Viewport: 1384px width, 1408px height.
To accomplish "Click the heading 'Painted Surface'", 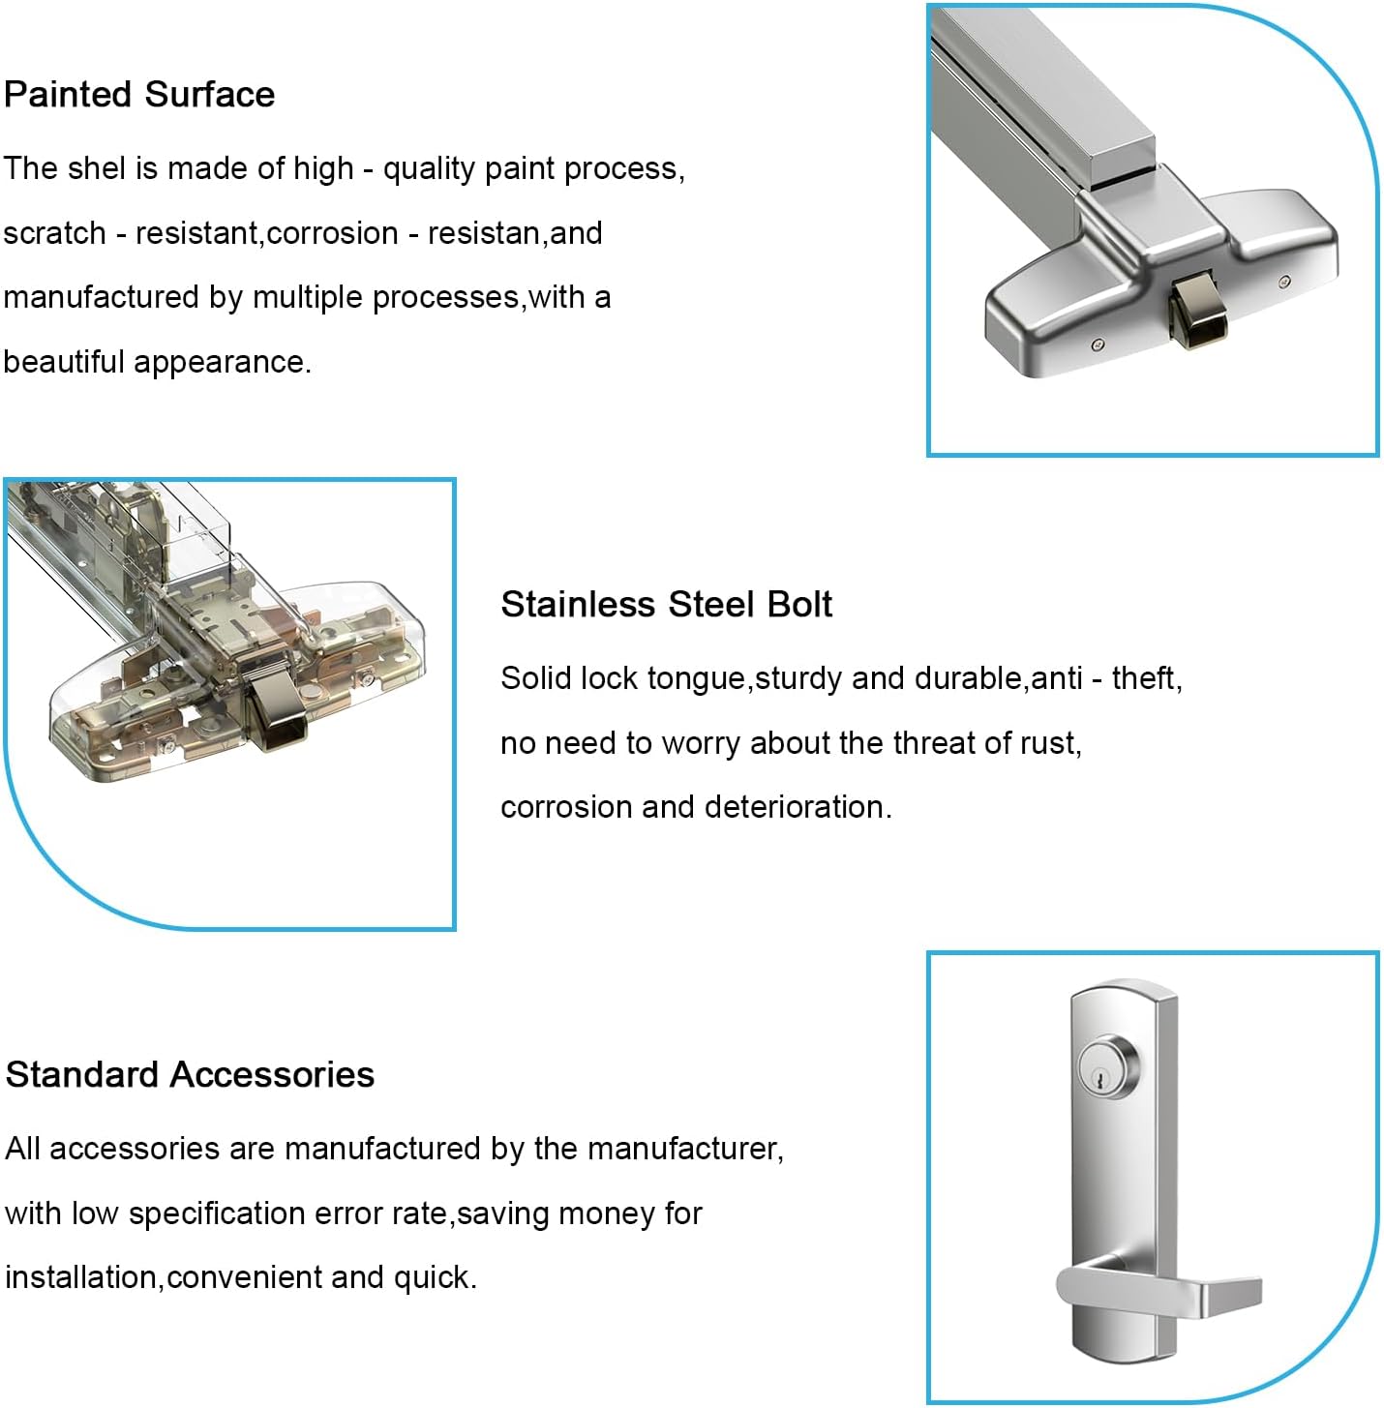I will (x=139, y=95).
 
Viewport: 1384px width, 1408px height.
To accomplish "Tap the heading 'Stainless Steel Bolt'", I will (x=666, y=604).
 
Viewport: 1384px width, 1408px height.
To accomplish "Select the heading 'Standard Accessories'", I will (x=190, y=1074).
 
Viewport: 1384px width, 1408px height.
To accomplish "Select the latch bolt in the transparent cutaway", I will (x=275, y=710).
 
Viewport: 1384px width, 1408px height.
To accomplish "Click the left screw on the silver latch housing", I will (x=1097, y=345).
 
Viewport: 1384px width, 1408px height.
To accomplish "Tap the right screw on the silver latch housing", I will (x=1284, y=282).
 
